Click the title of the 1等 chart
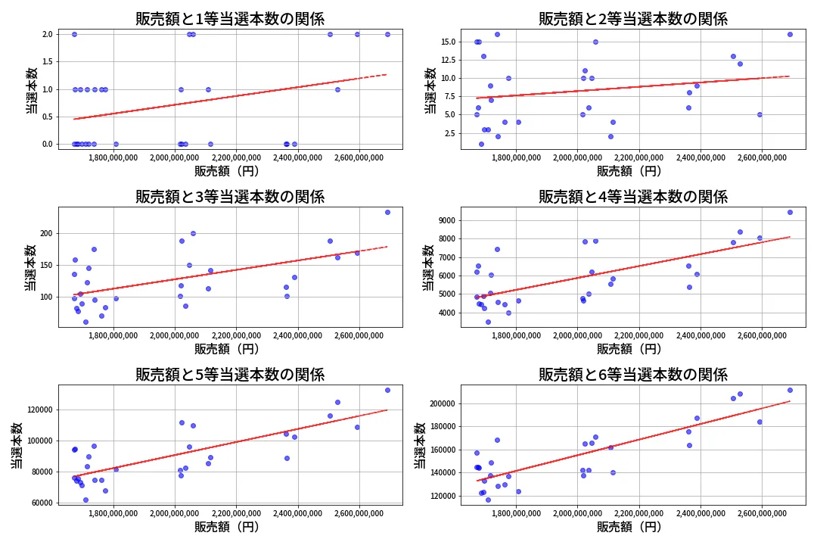[x=230, y=19]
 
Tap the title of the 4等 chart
[x=632, y=197]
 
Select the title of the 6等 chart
[x=632, y=374]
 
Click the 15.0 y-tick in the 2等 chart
[x=447, y=42]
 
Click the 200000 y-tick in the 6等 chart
[x=440, y=403]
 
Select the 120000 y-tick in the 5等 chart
[x=38, y=410]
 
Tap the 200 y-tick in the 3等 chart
[x=45, y=233]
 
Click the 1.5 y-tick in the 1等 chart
[x=47, y=62]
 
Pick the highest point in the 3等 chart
[x=387, y=212]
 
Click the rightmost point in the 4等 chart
[x=790, y=212]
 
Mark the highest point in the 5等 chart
[x=387, y=390]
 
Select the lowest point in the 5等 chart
[x=85, y=500]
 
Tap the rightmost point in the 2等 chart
[x=790, y=34]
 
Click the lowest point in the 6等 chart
[x=488, y=500]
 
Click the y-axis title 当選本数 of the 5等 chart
[x=17, y=444]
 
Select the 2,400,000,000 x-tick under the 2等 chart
[x=700, y=157]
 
